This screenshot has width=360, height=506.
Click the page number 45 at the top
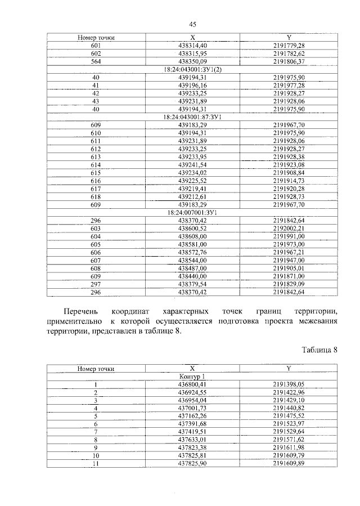coord(192,24)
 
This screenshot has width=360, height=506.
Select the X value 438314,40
coord(192,44)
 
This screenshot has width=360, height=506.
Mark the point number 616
coord(96,180)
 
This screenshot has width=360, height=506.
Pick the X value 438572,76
coord(192,252)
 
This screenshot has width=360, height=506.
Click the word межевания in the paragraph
coord(313,321)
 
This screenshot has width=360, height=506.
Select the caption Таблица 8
coord(319,349)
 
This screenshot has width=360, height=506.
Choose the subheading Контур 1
coord(192,376)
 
